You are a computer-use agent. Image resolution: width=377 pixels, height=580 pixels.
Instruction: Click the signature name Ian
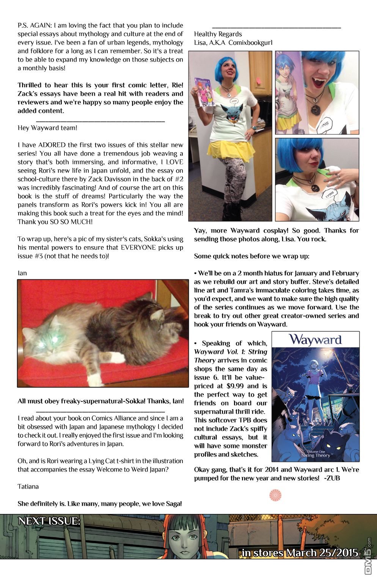click(x=22, y=273)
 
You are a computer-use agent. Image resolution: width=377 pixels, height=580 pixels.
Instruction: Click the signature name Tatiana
click(x=28, y=486)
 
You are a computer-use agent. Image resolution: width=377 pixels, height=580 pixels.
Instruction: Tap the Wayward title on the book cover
click(x=315, y=339)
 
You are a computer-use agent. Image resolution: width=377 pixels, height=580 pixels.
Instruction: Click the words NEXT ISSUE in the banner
click(x=49, y=522)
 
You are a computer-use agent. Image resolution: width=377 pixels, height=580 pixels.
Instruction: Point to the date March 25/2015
click(x=322, y=553)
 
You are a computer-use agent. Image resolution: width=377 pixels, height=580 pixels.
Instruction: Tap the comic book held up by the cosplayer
click(x=202, y=93)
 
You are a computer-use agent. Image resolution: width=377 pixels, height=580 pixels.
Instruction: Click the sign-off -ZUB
click(x=332, y=478)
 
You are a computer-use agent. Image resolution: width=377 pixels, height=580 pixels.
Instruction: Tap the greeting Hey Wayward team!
click(x=47, y=128)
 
